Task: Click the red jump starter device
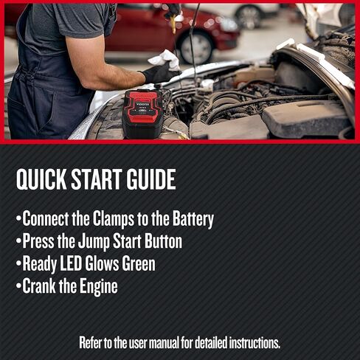tap(142, 113)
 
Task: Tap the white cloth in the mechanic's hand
tap(164, 59)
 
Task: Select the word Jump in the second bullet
tap(83, 241)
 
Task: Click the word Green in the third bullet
tap(136, 263)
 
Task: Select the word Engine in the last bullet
tap(97, 285)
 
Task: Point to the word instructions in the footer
tap(249, 343)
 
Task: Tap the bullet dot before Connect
tap(18, 220)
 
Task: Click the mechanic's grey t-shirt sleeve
tap(92, 26)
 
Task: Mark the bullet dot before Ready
tap(18, 264)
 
